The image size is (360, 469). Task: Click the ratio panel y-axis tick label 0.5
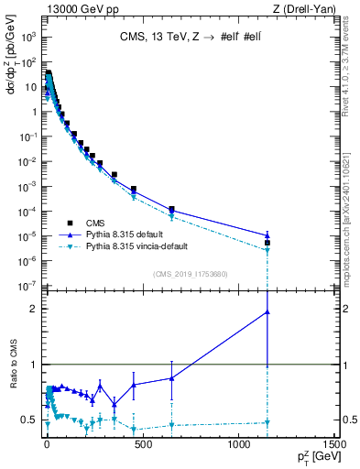[29, 420]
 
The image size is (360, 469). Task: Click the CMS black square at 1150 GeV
[267, 243]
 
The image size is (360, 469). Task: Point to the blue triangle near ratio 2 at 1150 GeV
[267, 311]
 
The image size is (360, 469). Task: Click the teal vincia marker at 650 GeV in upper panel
[171, 217]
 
